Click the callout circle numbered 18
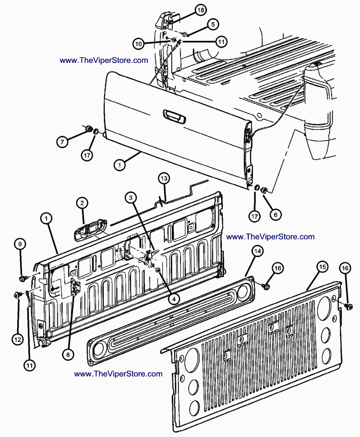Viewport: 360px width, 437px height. click(x=201, y=10)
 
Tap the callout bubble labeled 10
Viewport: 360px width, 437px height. click(x=139, y=44)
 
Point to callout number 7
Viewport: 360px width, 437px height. click(x=61, y=142)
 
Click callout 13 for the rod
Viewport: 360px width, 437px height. click(x=164, y=178)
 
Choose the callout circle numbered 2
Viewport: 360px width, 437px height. click(x=82, y=203)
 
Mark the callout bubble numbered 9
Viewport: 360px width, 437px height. click(x=20, y=244)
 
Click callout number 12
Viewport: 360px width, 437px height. click(x=17, y=340)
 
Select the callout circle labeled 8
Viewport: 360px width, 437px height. click(x=68, y=354)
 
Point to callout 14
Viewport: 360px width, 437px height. click(x=257, y=251)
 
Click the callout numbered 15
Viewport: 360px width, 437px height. click(x=322, y=266)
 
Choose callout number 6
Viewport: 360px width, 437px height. click(x=275, y=215)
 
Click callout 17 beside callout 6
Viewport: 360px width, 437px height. click(x=254, y=216)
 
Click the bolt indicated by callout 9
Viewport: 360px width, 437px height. click(x=23, y=278)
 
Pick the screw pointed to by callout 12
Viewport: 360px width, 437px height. click(x=18, y=295)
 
